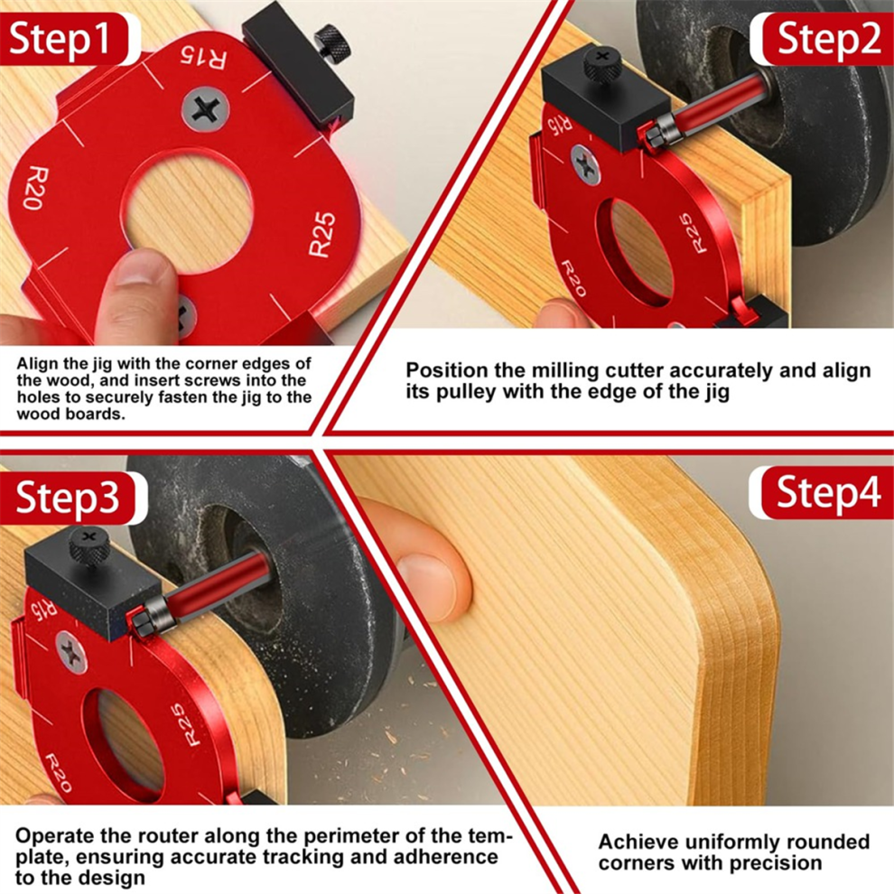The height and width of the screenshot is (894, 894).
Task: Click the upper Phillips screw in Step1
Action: point(205,110)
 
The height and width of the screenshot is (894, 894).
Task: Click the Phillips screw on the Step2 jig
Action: point(586,166)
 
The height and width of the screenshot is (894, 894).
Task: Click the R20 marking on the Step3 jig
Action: point(56,772)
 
